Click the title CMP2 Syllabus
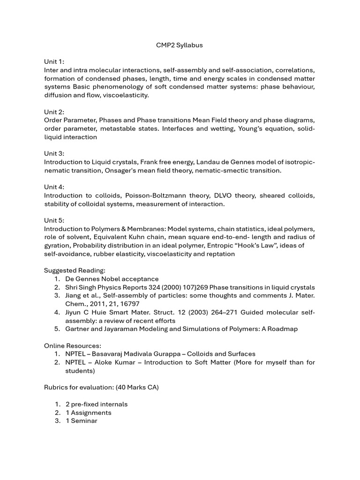(x=180, y=45)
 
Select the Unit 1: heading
(x=54, y=62)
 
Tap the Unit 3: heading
(x=54, y=154)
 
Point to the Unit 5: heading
(x=54, y=220)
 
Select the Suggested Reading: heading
(x=75, y=270)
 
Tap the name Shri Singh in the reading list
(x=82, y=287)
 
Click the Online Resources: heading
(x=72, y=345)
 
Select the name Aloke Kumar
(x=115, y=362)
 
